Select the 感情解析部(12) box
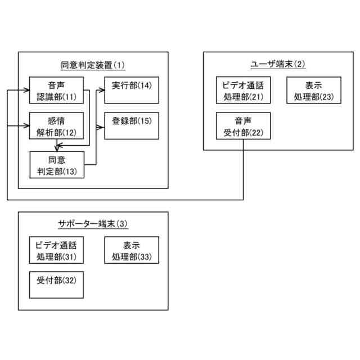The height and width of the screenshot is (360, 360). pyautogui.click(x=56, y=126)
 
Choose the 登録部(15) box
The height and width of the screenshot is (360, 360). pyautogui.click(x=132, y=126)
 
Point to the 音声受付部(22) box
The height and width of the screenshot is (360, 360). pyautogui.click(x=244, y=126)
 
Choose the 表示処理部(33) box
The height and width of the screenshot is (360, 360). pyautogui.click(x=132, y=251)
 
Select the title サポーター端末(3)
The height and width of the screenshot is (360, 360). pyautogui.click(x=93, y=223)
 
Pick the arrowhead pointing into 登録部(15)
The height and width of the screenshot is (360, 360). pyautogui.click(x=102, y=128)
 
